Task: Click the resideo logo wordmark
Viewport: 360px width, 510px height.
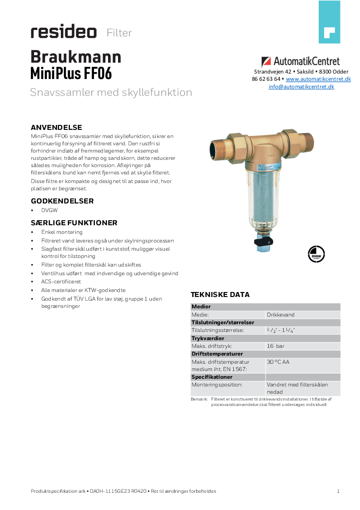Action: point(64,32)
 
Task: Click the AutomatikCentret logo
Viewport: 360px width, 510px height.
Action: point(301,61)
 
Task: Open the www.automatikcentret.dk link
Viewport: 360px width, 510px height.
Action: point(318,79)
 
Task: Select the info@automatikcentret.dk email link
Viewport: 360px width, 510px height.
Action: point(301,87)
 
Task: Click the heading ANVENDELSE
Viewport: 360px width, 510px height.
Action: point(56,127)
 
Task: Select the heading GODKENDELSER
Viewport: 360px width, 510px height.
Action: point(62,201)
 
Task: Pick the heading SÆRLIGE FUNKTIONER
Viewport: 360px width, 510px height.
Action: point(74,223)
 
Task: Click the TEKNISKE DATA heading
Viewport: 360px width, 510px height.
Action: point(220,295)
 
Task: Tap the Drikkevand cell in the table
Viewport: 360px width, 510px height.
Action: point(281,315)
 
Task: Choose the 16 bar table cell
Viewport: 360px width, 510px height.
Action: point(276,346)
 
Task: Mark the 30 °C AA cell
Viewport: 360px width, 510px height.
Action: point(278,362)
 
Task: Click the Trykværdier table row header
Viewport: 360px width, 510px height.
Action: point(208,338)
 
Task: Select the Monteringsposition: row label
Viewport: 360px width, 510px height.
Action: point(217,385)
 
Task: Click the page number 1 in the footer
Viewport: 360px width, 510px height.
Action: point(338,491)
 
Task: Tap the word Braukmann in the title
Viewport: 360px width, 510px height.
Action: point(76,57)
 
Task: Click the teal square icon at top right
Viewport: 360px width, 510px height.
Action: point(329,22)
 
